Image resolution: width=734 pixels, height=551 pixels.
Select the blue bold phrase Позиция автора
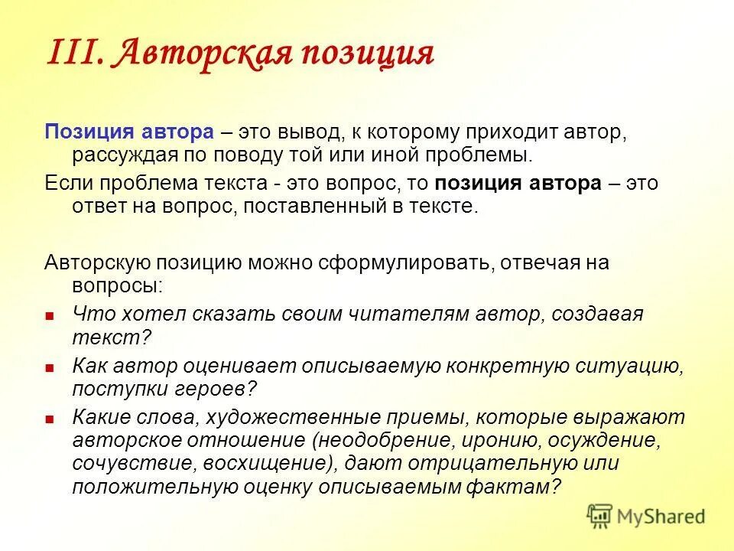tap(128, 132)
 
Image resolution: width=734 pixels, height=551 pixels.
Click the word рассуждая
tap(125, 155)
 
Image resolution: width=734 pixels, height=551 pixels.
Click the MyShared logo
tap(646, 516)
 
